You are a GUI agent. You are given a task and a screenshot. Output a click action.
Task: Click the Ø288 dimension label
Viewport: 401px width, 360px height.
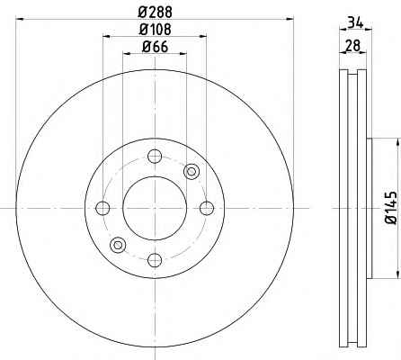coord(156,13)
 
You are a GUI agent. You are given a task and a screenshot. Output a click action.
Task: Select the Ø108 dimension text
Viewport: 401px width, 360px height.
coord(156,30)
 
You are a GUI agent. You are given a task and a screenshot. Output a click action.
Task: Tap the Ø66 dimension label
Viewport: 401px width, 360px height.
coord(155,47)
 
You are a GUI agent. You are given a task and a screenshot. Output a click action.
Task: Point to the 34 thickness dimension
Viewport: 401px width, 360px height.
coord(355,23)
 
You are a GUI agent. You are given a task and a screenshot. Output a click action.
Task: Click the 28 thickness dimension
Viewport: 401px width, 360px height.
coord(352,46)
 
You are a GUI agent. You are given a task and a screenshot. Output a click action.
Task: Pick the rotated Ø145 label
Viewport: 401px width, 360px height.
coord(391,208)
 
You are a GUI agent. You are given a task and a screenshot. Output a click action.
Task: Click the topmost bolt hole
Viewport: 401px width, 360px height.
coord(155,156)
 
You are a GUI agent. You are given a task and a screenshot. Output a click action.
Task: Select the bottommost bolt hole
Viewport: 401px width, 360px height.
coord(155,260)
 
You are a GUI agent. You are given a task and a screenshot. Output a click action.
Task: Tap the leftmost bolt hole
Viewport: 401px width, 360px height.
coord(102,208)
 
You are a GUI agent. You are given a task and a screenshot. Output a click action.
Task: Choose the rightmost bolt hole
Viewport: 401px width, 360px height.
coord(207,208)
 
